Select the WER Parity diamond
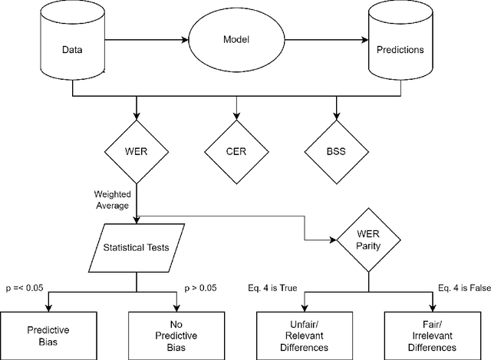367,240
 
